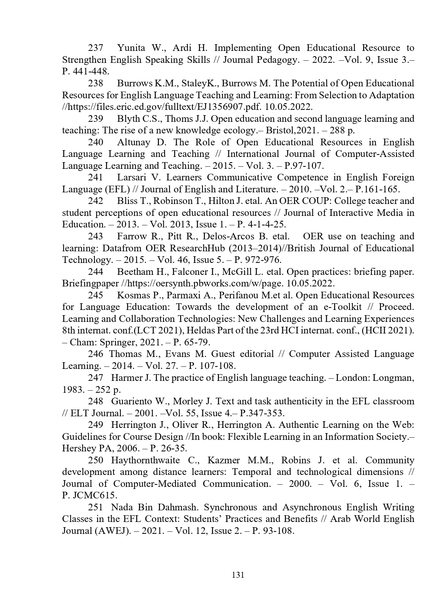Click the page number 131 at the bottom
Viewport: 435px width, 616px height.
(238, 575)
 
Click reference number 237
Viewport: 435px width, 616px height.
(95, 48)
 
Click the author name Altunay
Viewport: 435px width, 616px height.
(133, 142)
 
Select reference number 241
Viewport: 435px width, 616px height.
(95, 178)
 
